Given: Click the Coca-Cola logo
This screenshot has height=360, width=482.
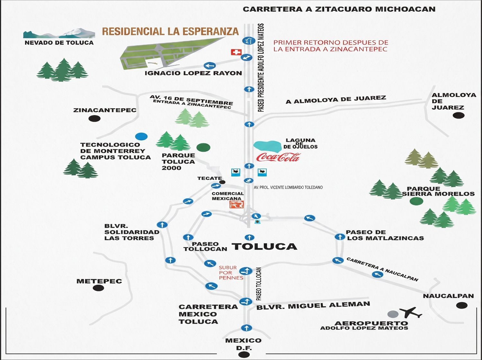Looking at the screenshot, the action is tap(278, 157).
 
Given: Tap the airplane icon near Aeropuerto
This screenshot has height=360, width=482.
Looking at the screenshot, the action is tap(410, 312).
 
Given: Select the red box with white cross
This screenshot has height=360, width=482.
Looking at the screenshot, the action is tap(236, 52).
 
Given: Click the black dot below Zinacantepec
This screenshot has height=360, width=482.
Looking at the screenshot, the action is tap(94, 119).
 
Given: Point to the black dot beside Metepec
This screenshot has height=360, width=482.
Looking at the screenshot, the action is tap(98, 288).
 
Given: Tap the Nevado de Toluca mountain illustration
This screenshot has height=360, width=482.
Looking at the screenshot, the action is tap(59, 33).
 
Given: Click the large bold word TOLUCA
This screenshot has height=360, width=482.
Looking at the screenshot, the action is tap(265, 247).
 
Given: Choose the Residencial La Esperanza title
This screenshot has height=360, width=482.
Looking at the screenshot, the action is tap(170, 32).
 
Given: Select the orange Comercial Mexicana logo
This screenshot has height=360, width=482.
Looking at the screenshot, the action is tap(237, 204).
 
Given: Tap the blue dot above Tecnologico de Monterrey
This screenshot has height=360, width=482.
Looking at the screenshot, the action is tap(141, 136).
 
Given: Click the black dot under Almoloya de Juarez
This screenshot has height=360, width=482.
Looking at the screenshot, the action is tap(459, 115).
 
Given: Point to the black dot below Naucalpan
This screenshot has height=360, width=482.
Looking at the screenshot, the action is tap(462, 305).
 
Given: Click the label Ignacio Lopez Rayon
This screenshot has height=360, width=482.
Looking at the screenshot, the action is tap(193, 73).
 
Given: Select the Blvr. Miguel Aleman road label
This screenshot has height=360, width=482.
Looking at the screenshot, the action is tap(313, 306).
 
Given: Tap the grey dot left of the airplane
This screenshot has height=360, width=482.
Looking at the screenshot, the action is tap(393, 314).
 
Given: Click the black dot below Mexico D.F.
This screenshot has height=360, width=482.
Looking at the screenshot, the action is tap(244, 355).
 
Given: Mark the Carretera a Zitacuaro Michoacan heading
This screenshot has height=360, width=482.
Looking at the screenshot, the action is tap(339, 9).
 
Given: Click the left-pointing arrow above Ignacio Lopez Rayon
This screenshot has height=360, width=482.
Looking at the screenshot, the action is tap(210, 66).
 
